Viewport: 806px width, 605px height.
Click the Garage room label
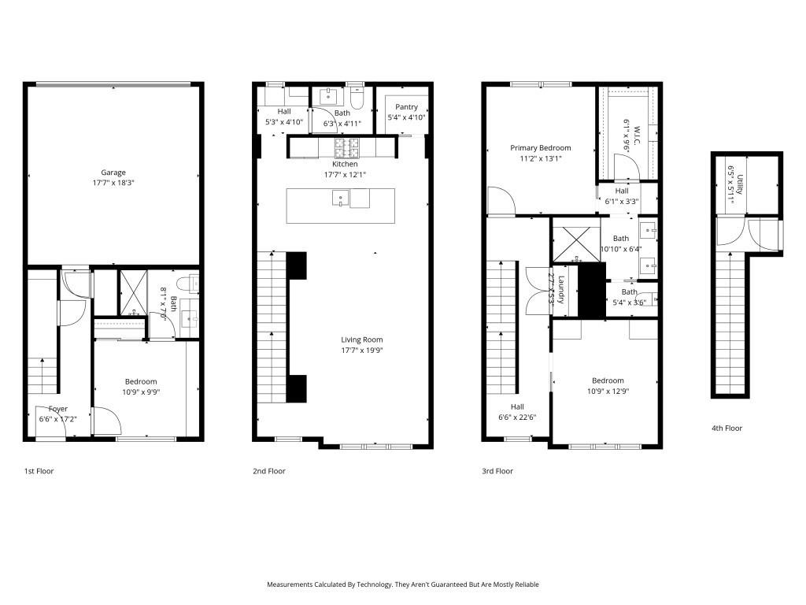(x=113, y=173)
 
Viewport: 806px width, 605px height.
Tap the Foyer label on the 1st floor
(x=58, y=409)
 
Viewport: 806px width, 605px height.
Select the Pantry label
(x=406, y=107)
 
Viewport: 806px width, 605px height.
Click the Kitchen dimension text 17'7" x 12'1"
(x=345, y=174)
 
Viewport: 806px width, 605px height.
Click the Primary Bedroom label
(x=540, y=148)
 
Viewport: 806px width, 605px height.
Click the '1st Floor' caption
(x=39, y=471)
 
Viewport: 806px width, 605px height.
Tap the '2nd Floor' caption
(x=269, y=471)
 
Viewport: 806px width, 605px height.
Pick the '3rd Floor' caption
(x=497, y=471)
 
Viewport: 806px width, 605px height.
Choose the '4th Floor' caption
(x=727, y=429)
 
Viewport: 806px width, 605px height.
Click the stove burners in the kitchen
(x=347, y=145)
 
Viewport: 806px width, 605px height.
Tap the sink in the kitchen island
(x=339, y=198)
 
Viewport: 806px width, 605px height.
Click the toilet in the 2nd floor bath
(x=357, y=99)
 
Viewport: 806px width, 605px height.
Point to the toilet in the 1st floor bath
(x=183, y=284)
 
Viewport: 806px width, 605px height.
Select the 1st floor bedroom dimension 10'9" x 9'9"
(x=139, y=392)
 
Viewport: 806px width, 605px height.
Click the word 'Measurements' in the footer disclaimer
(x=290, y=585)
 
